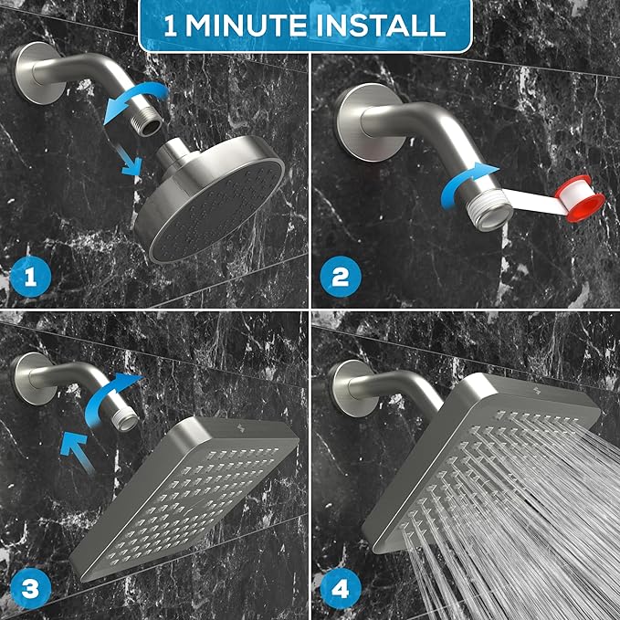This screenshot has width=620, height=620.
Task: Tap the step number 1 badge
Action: pos(29,277)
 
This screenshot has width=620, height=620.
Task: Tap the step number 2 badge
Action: pos(340,277)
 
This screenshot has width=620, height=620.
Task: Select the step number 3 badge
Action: pos(29,591)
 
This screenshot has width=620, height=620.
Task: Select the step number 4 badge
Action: pos(340,591)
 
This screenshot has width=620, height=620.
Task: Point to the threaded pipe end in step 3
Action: pos(124,418)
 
